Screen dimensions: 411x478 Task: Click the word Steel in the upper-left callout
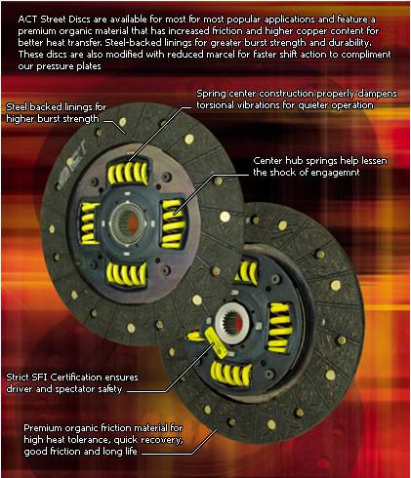click(17, 106)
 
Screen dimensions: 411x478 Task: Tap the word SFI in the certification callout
click(40, 378)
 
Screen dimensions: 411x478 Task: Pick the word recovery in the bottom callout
click(163, 440)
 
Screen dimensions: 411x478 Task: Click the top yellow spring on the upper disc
click(128, 171)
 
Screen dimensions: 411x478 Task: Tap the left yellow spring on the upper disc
click(89, 223)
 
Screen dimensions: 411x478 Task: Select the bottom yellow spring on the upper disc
click(127, 273)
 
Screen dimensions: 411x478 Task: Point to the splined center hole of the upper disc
click(127, 221)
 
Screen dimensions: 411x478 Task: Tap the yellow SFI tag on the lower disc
click(215, 342)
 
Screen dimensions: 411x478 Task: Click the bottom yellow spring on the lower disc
click(230, 372)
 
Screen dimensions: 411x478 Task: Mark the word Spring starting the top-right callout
click(211, 94)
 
